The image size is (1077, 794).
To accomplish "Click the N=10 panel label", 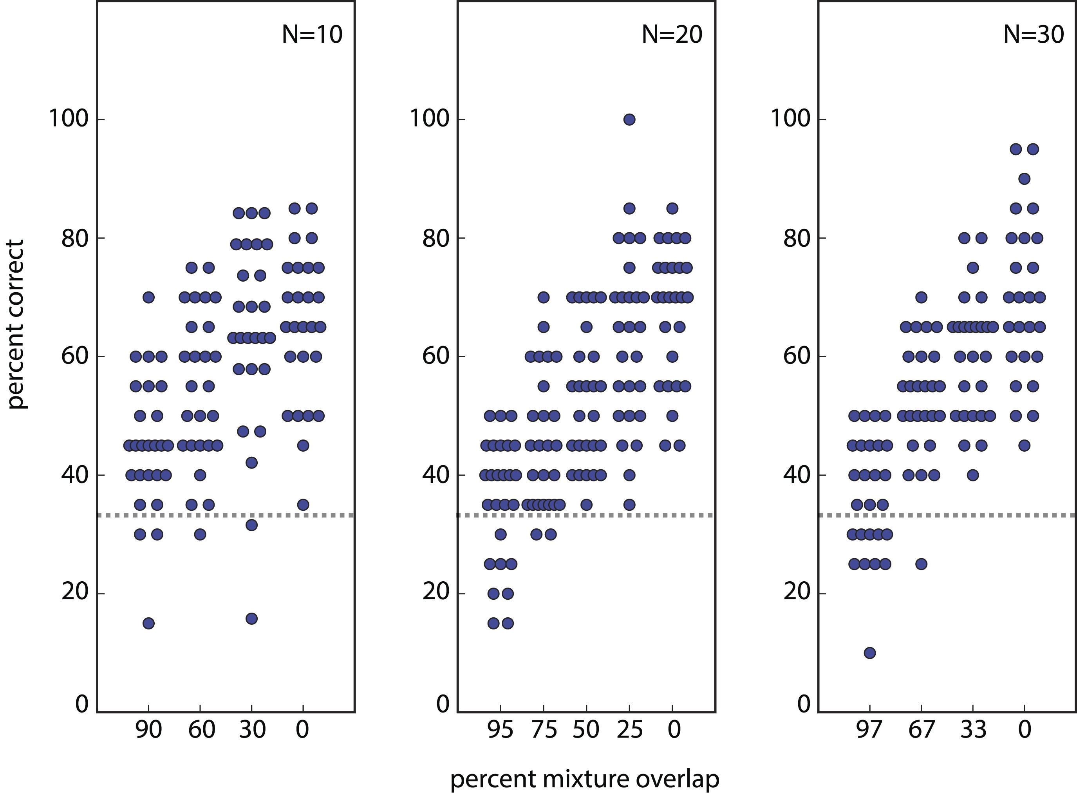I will pos(312,34).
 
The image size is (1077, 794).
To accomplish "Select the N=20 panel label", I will pos(672,34).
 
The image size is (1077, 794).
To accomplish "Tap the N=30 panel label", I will pos(1033,34).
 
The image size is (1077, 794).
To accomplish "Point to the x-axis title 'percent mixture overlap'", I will pos(584,779).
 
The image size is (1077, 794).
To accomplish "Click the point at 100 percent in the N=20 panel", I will pos(629,119).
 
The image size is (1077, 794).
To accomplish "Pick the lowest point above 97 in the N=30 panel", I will pos(869,653).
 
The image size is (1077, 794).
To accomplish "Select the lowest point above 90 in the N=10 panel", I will pos(148,623).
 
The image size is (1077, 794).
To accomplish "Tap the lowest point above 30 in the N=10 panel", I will pos(251,619).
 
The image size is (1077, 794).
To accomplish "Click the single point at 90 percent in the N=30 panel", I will pos(1024,179).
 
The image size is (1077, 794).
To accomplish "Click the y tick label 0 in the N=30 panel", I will pos(804,705).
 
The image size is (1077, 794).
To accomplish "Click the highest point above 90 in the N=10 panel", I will pos(148,297).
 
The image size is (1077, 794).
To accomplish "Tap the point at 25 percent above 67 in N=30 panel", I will pos(921,564).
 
